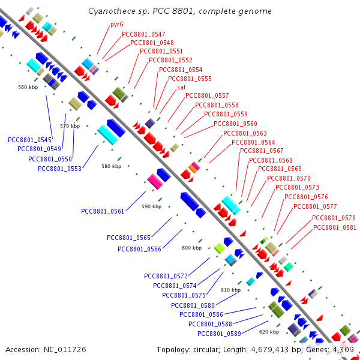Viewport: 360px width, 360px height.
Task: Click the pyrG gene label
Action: pyautogui.click(x=117, y=25)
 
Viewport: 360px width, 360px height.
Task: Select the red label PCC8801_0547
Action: pyautogui.click(x=143, y=34)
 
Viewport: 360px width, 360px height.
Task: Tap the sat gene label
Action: pyautogui.click(x=181, y=87)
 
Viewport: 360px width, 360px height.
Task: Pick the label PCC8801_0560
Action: pyautogui.click(x=235, y=124)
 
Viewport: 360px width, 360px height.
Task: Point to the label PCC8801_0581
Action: pyautogui.click(x=335, y=227)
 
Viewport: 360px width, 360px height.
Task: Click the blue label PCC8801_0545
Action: pyautogui.click(x=29, y=140)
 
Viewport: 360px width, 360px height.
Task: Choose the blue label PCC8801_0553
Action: pyautogui.click(x=59, y=169)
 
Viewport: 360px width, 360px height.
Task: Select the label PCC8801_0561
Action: pyautogui.click(x=103, y=211)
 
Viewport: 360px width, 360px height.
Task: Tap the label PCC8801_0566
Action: pyautogui.click(x=139, y=249)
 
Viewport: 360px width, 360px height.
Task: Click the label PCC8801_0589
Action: pyautogui.click(x=219, y=334)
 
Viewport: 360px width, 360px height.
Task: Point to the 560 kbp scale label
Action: pyautogui.click(x=28, y=87)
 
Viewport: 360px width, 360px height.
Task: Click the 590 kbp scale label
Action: pyautogui.click(x=152, y=206)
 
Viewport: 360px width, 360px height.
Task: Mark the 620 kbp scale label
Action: pyautogui.click(x=269, y=332)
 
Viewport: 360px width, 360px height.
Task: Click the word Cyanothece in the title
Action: pyautogui.click(x=112, y=11)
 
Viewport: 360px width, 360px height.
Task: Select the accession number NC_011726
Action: pyautogui.click(x=65, y=350)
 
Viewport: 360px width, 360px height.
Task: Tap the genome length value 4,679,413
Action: pyautogui.click(x=270, y=350)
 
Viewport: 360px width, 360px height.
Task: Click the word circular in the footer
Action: pyautogui.click(x=206, y=350)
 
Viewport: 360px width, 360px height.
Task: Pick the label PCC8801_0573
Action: pyautogui.click(x=297, y=187)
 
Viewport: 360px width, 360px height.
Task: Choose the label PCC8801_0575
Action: pyautogui.click(x=184, y=295)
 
